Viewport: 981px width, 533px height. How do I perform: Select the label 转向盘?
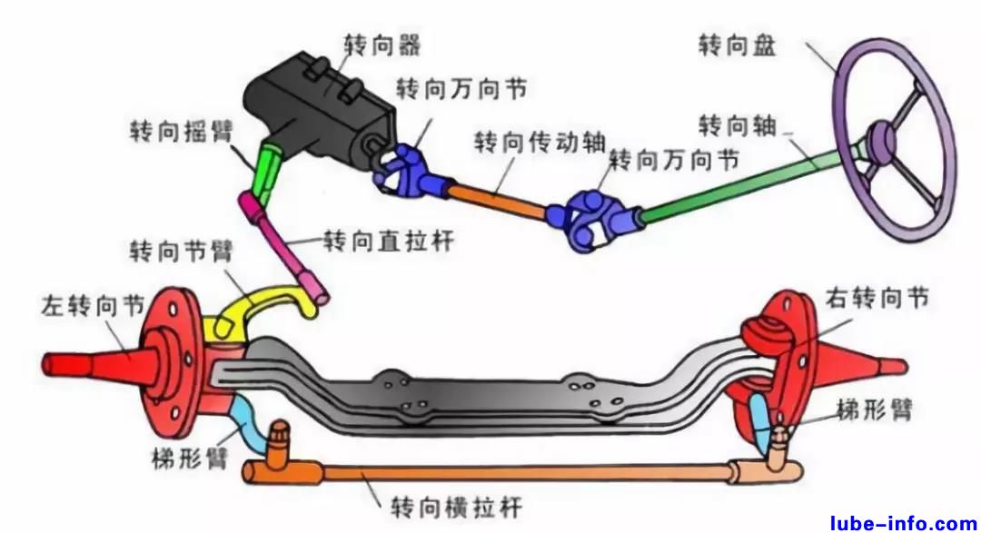click(x=737, y=44)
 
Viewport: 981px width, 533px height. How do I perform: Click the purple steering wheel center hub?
click(x=881, y=141)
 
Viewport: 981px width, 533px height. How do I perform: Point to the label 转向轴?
click(x=737, y=125)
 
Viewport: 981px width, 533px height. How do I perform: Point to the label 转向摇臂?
click(x=181, y=133)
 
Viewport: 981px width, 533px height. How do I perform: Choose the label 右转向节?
click(x=877, y=299)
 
